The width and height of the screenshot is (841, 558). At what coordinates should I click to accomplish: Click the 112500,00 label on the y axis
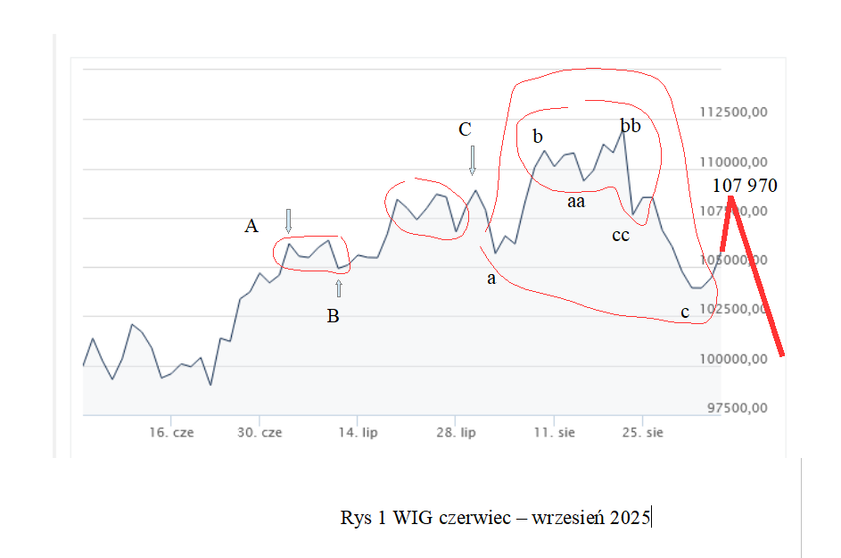(x=734, y=112)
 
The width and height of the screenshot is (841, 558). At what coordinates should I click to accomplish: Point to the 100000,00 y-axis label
(x=734, y=359)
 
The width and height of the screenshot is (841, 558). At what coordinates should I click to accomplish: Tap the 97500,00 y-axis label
(x=734, y=408)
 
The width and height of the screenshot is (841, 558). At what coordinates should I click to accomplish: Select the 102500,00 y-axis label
(x=734, y=309)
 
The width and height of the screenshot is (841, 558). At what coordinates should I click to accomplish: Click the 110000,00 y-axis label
(x=734, y=162)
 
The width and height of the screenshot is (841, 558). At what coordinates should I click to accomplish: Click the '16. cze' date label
(x=171, y=433)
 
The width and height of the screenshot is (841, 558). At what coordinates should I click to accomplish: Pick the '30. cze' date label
(x=260, y=433)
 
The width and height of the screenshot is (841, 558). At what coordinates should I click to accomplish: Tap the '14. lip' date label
(x=358, y=433)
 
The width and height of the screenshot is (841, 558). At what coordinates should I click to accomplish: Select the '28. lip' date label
(x=455, y=433)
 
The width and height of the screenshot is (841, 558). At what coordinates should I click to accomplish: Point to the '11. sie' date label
(x=554, y=433)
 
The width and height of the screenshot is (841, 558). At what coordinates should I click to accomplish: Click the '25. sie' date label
(x=642, y=433)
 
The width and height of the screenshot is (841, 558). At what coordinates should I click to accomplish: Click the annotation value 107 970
(x=746, y=186)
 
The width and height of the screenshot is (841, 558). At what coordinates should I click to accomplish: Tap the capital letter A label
(x=251, y=227)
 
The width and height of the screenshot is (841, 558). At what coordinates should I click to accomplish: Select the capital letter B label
(x=333, y=315)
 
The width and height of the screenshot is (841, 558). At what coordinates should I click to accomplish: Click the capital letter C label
(x=465, y=129)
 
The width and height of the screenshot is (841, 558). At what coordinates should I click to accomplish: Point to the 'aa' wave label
(x=576, y=202)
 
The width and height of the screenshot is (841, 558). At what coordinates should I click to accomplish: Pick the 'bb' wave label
(x=631, y=127)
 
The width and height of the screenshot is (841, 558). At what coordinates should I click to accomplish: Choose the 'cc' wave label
(x=621, y=236)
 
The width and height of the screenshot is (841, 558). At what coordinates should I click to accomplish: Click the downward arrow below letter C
(x=473, y=161)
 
